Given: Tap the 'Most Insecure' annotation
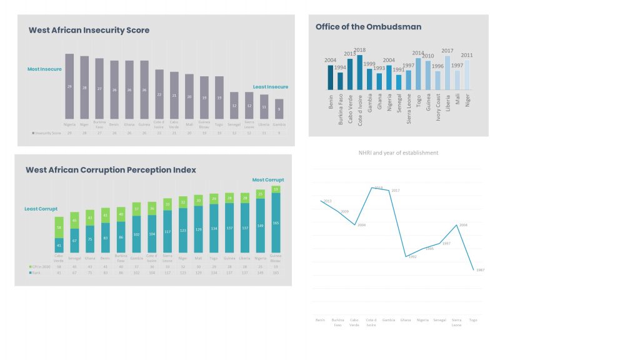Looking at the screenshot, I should pyautogui.click(x=44, y=69).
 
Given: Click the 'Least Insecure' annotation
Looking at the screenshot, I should pyautogui.click(x=271, y=87).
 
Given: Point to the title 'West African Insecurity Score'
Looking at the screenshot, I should pyautogui.click(x=89, y=30).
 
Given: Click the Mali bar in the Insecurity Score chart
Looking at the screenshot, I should pyautogui.click(x=189, y=97).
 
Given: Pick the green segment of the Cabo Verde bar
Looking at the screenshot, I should pyautogui.click(x=59, y=227).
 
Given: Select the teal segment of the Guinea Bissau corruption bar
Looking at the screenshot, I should pyautogui.click(x=276, y=222).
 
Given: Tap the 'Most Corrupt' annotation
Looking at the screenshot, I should pyautogui.click(x=268, y=180).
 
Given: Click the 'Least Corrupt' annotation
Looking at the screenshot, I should pyautogui.click(x=41, y=209).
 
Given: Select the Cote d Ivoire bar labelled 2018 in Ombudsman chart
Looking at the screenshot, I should pyautogui.click(x=359, y=72).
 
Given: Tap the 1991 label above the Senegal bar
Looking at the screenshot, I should pyautogui.click(x=399, y=70).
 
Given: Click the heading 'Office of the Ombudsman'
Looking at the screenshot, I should pyautogui.click(x=368, y=27).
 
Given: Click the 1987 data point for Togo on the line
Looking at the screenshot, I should pyautogui.click(x=473, y=269).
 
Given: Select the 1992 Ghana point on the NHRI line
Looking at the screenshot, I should pyautogui.click(x=406, y=256).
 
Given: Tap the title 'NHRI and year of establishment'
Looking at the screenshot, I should pyautogui.click(x=398, y=152).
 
